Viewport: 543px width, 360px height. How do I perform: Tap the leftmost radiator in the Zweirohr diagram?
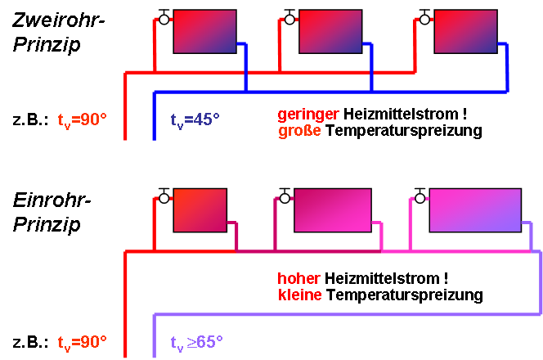pyautogui.click(x=204, y=32)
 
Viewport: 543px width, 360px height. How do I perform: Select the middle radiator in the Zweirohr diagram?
pyautogui.click(x=329, y=32)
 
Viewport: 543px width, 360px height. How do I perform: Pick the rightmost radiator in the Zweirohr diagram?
pyautogui.click(x=465, y=32)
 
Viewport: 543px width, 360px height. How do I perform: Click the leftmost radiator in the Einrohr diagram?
pyautogui.click(x=200, y=210)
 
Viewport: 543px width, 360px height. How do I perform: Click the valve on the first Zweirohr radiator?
pyautogui.click(x=164, y=20)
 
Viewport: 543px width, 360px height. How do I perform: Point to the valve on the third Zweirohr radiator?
pyautogui.click(x=424, y=20)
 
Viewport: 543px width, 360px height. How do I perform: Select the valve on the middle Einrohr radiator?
pyautogui.click(x=285, y=197)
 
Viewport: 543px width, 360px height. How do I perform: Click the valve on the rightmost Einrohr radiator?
pyautogui.click(x=420, y=197)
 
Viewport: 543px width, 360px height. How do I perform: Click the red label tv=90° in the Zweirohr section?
pyautogui.click(x=83, y=120)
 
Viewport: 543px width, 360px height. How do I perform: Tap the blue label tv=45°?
pyautogui.click(x=195, y=120)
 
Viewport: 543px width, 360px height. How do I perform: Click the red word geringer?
pyautogui.click(x=308, y=112)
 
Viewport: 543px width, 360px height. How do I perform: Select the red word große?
pyautogui.click(x=299, y=130)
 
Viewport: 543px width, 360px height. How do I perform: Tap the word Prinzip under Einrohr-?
pyautogui.click(x=47, y=223)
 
